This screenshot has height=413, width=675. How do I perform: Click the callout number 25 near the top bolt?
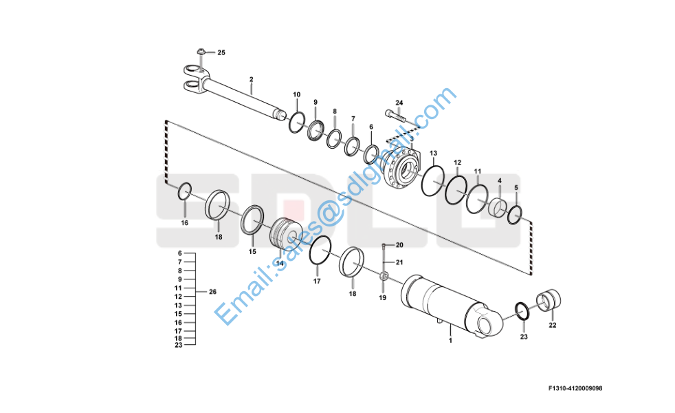pos(221,52)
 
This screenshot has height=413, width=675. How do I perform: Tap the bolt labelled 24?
pos(395,116)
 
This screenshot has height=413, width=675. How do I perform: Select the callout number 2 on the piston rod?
pos(252,79)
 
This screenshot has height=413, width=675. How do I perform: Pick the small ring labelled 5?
pos(515,215)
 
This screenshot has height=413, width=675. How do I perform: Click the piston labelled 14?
pos(283,236)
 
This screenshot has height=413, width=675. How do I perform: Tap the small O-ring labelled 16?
pos(185,191)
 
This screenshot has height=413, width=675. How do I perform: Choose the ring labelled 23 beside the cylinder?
pos(523,311)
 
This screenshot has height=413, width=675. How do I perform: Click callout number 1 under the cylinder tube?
pos(450,340)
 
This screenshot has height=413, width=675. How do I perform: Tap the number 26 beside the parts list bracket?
pos(212,292)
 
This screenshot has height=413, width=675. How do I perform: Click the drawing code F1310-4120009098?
pos(575,388)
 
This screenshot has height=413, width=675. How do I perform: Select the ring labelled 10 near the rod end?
pos(297,123)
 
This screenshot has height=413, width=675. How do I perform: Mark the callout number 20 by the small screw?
pos(399,245)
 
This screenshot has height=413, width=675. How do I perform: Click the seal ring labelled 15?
pos(252,220)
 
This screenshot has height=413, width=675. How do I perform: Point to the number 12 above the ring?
pos(457,162)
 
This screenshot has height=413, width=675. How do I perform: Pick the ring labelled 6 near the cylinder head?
pos(371,155)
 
